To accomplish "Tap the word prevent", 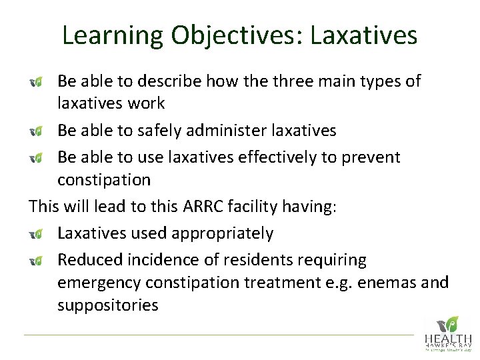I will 374,157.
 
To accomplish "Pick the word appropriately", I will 225,233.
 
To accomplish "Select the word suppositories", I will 107,305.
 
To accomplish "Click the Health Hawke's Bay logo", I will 447,333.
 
